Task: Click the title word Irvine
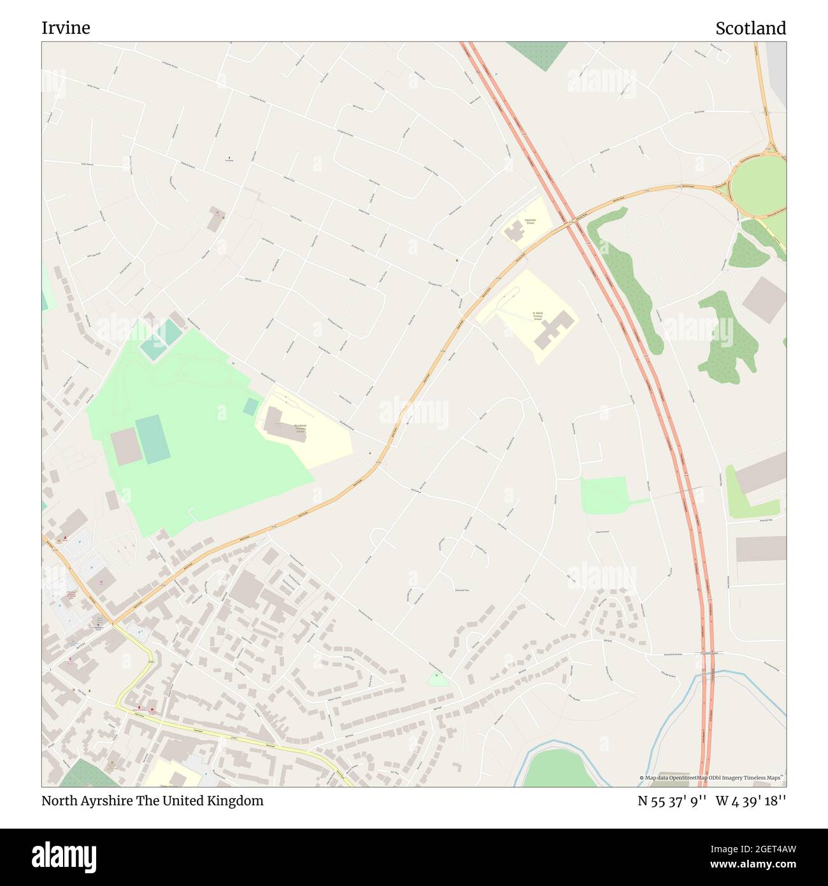tap(66, 28)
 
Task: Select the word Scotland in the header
tap(750, 28)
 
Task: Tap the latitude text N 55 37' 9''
tap(672, 801)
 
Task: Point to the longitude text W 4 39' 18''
tap(751, 801)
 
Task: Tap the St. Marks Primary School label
tap(538, 316)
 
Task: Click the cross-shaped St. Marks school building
tap(552, 329)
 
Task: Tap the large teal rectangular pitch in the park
tap(152, 439)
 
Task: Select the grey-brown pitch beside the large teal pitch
tap(126, 446)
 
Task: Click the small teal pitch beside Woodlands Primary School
tap(251, 407)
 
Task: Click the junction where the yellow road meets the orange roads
tap(112, 623)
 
